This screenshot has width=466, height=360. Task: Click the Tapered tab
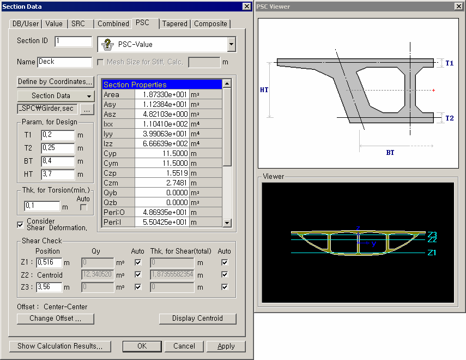point(175,24)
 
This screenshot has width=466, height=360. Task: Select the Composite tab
point(211,24)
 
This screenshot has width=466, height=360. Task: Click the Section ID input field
point(74,41)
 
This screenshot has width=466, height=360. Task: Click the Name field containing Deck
point(65,62)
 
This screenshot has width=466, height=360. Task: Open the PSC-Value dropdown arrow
point(232,44)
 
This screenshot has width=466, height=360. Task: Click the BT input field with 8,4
point(58,161)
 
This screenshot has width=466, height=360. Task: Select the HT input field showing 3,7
point(58,175)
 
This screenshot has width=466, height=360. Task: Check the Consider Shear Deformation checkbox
point(20,225)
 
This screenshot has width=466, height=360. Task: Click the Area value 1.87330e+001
point(162,94)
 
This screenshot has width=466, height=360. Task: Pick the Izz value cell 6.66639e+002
point(162,143)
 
